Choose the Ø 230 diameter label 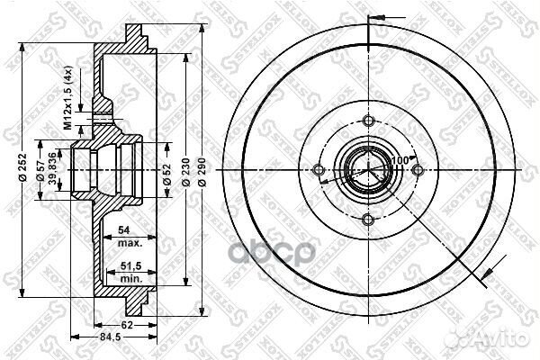pos(186,168)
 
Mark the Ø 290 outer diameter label pos(203,168)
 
